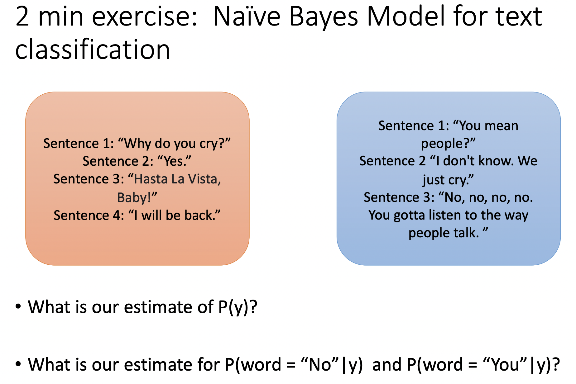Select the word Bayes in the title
click(324, 17)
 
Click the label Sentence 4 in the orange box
click(89, 216)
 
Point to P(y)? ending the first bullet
click(238, 307)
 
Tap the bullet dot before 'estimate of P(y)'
click(18, 306)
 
